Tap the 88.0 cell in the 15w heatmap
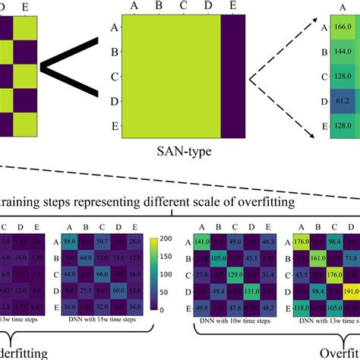[70, 241]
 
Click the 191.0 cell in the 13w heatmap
[351, 290]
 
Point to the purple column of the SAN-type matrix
[230, 75]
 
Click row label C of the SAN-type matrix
[112, 76]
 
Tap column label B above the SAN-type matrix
[158, 7]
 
